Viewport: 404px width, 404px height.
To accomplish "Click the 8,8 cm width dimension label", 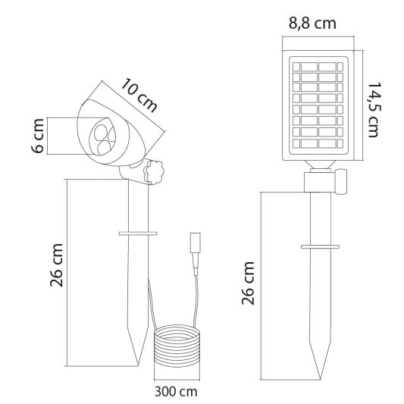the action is [312, 24].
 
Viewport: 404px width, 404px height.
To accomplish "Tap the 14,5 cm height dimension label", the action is [374, 110].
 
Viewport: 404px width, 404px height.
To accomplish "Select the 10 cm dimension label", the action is [139, 96].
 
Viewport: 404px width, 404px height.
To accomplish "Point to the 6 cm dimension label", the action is [38, 136].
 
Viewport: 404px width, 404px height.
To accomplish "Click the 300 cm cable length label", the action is [176, 392].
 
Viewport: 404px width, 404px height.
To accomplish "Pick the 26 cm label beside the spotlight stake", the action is [56, 265].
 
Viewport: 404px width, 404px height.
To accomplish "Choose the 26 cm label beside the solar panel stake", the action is [248, 283].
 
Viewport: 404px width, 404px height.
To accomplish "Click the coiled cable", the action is [177, 346].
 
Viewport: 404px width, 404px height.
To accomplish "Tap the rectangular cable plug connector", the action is [195, 243].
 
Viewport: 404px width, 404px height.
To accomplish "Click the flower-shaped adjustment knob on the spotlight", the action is [154, 172].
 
